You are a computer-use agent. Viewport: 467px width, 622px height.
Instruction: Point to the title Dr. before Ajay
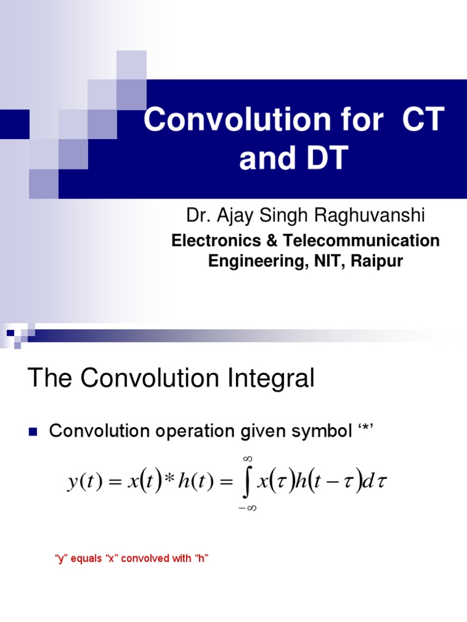197,216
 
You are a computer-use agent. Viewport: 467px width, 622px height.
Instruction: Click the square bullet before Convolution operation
33,432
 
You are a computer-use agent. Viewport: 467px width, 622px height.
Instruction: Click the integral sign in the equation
247,483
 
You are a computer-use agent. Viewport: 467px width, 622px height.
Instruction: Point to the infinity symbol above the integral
247,459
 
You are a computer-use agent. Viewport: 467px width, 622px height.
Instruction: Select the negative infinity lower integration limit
246,508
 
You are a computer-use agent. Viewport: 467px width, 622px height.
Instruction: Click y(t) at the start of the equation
83,483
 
